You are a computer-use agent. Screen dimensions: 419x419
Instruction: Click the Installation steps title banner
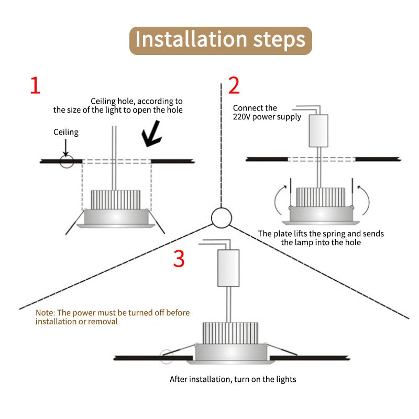point(220,40)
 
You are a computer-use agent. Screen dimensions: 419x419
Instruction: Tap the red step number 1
point(35,85)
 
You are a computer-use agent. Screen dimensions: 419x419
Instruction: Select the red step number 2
point(234,85)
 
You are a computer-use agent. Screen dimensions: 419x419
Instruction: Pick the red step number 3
point(179,259)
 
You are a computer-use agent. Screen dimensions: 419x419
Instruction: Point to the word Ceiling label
point(66,133)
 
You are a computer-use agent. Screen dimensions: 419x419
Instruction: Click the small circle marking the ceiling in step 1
point(67,160)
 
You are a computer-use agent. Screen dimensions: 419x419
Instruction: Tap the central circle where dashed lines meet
point(221,217)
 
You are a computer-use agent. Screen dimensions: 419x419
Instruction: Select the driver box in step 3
point(228,268)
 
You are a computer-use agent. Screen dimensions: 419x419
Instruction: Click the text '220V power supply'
point(267,117)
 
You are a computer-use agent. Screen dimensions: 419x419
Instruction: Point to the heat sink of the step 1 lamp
point(116,199)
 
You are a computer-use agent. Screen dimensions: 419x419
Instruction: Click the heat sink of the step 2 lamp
point(319,196)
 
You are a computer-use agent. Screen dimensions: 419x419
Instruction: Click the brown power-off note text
point(113,317)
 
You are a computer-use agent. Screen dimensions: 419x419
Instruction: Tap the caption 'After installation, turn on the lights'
point(233,379)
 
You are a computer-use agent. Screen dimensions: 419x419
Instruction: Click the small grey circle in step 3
point(167,357)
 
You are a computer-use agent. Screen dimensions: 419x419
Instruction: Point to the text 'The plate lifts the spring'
point(321,234)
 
